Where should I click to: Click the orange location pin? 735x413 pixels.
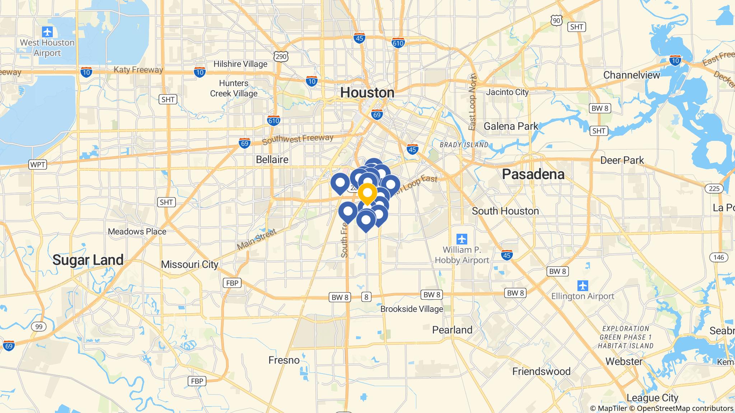coord(367,194)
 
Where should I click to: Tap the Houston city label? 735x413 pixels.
coord(367,92)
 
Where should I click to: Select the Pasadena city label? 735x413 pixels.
coord(533,174)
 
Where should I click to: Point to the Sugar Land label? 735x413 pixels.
coord(88,260)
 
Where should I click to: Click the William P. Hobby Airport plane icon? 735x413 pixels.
coord(462,238)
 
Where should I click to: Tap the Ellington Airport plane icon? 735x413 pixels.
coord(583,286)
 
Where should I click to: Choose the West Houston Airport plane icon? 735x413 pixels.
coord(47,32)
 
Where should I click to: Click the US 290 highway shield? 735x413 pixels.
coord(281,57)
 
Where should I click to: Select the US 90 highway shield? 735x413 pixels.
coord(557,21)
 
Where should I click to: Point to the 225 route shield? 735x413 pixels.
coord(714,189)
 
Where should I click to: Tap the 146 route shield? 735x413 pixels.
coord(718,257)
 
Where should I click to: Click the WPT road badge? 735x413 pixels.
coord(38,165)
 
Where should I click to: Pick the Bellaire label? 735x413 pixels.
coord(272,160)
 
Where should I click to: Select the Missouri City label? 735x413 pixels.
coord(189,265)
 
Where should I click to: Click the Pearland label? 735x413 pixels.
coord(452,330)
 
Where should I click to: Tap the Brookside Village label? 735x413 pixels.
coord(412,309)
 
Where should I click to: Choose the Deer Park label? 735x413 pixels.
coord(622,160)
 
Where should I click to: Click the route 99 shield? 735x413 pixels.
coord(39,327)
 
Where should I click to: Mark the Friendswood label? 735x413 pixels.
coord(541,371)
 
